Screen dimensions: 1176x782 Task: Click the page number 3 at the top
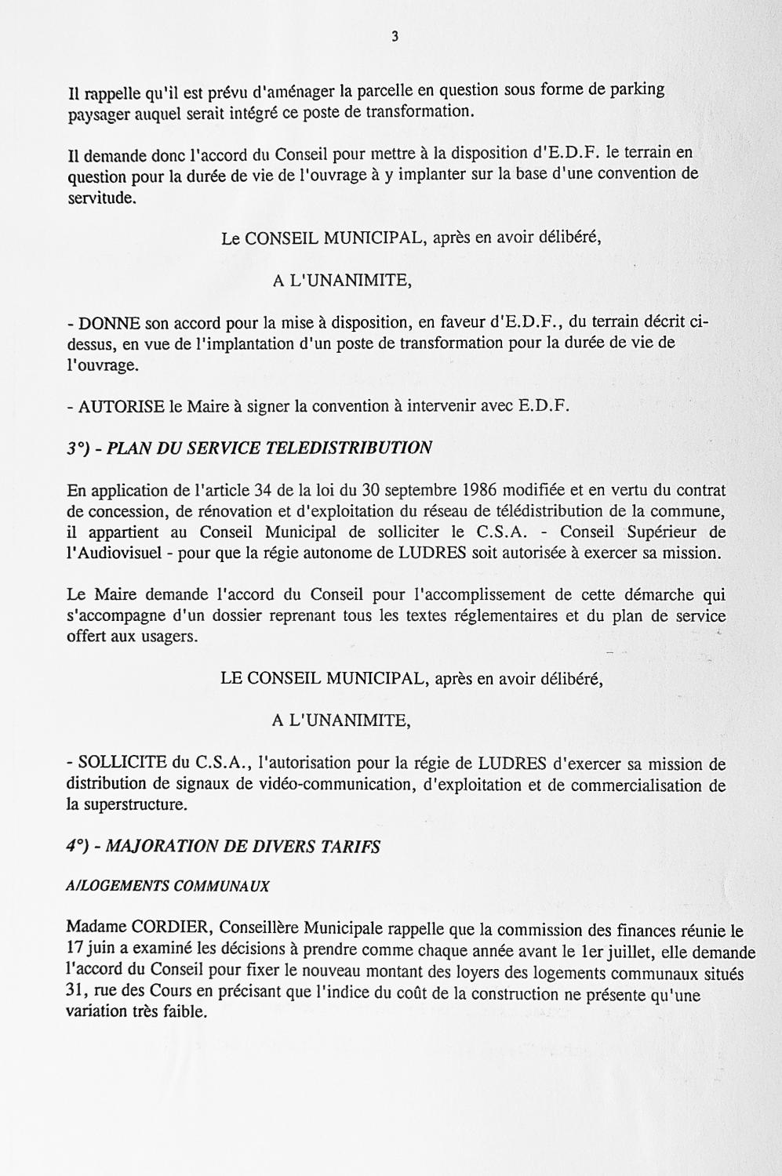tap(395, 36)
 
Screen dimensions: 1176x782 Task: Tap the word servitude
tap(101, 199)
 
